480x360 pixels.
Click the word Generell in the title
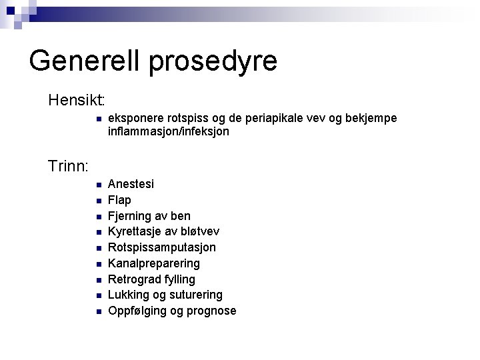click(85, 61)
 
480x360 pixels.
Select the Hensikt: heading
click(77, 101)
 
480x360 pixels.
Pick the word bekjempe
click(372, 118)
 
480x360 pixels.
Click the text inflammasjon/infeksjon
click(169, 132)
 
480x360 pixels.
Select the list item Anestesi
click(131, 184)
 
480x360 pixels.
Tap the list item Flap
click(119, 200)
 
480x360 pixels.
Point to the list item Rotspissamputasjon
click(162, 247)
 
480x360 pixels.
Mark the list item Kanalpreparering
click(154, 263)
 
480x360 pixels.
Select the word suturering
click(198, 295)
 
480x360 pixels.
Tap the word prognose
click(211, 311)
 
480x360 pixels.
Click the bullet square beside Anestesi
click(97, 185)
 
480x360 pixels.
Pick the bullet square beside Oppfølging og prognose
click(97, 311)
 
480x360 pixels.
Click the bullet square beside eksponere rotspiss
click(97, 119)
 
